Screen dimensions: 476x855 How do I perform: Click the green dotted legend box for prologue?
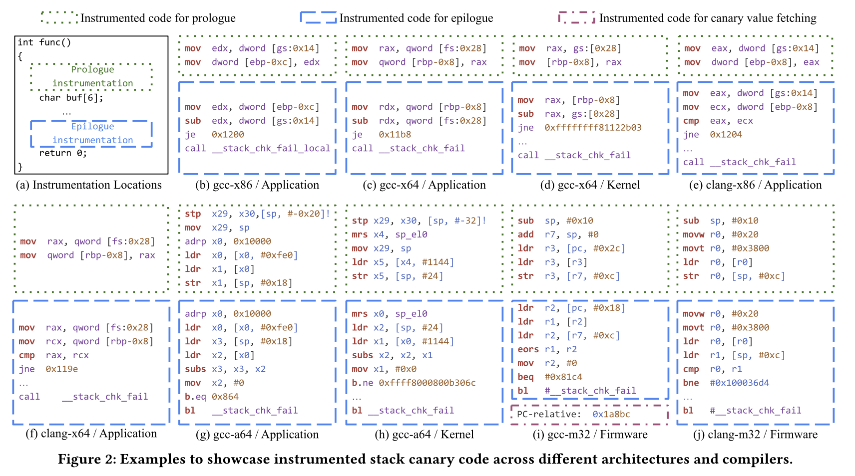point(59,17)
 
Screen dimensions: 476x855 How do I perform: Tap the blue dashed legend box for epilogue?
point(318,17)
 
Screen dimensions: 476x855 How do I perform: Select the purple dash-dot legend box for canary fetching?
point(576,17)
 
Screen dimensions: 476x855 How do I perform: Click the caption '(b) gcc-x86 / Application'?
point(257,185)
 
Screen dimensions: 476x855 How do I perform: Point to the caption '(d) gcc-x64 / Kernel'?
point(590,185)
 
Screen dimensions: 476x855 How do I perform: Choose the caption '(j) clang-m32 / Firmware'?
point(755,434)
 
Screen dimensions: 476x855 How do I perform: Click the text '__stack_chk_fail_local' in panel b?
point(271,148)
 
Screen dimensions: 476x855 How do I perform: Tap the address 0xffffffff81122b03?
point(593,128)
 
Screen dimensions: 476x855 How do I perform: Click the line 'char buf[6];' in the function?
point(71,98)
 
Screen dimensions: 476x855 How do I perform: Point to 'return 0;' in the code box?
point(63,153)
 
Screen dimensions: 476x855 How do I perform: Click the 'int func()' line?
point(44,42)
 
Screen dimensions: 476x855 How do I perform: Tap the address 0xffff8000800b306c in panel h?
point(427,383)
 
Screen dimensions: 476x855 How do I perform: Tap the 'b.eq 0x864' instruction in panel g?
point(212,397)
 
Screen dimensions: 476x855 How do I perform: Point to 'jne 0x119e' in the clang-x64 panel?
point(48,369)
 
